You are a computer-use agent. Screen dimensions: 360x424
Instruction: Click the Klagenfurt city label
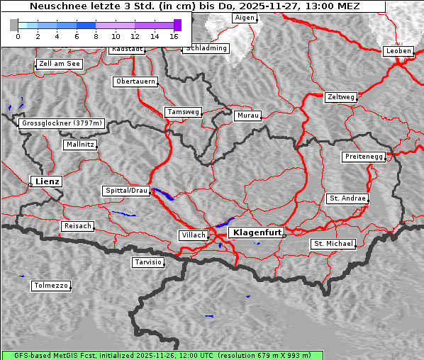coord(257,232)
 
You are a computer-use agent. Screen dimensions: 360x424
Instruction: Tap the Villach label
coord(194,235)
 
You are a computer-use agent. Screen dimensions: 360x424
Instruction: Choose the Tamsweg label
coord(183,112)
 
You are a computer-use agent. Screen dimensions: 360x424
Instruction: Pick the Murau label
coord(248,115)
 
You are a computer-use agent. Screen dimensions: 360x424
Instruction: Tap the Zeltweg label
coord(340,96)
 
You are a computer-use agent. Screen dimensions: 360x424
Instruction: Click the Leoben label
coord(398,51)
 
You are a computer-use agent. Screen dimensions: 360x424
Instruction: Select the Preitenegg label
coord(364,157)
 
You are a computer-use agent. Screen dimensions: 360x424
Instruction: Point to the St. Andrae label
coord(347,198)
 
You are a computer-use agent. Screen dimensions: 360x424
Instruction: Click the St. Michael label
coord(333,244)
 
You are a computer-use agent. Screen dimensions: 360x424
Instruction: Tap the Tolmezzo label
coord(51,286)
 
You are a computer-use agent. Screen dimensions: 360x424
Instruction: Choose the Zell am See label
coord(60,64)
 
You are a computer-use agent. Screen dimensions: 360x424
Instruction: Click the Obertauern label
coord(135,81)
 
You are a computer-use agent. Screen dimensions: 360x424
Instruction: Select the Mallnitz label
coord(79,144)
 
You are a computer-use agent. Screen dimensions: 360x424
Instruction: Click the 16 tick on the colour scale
coord(174,36)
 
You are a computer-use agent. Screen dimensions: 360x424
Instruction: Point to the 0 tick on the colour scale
coord(18,36)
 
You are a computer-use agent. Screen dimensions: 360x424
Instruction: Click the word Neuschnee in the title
coord(54,6)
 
